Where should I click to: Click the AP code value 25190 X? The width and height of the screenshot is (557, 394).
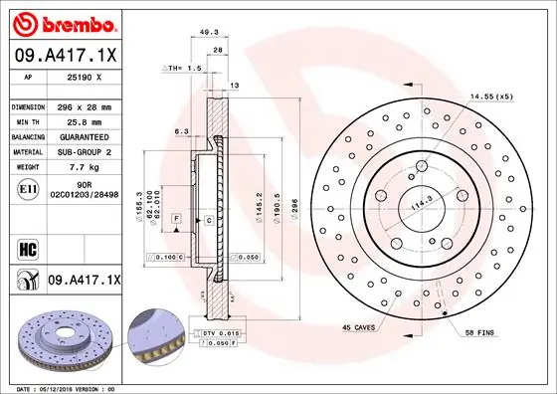click(86, 77)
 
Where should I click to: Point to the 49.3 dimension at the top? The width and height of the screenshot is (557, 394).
click(209, 32)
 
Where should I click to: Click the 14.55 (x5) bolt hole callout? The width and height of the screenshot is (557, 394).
click(491, 97)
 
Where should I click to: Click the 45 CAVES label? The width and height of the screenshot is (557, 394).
click(359, 327)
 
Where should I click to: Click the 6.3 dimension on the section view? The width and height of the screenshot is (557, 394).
click(181, 130)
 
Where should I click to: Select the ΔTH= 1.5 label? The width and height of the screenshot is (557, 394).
click(181, 68)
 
